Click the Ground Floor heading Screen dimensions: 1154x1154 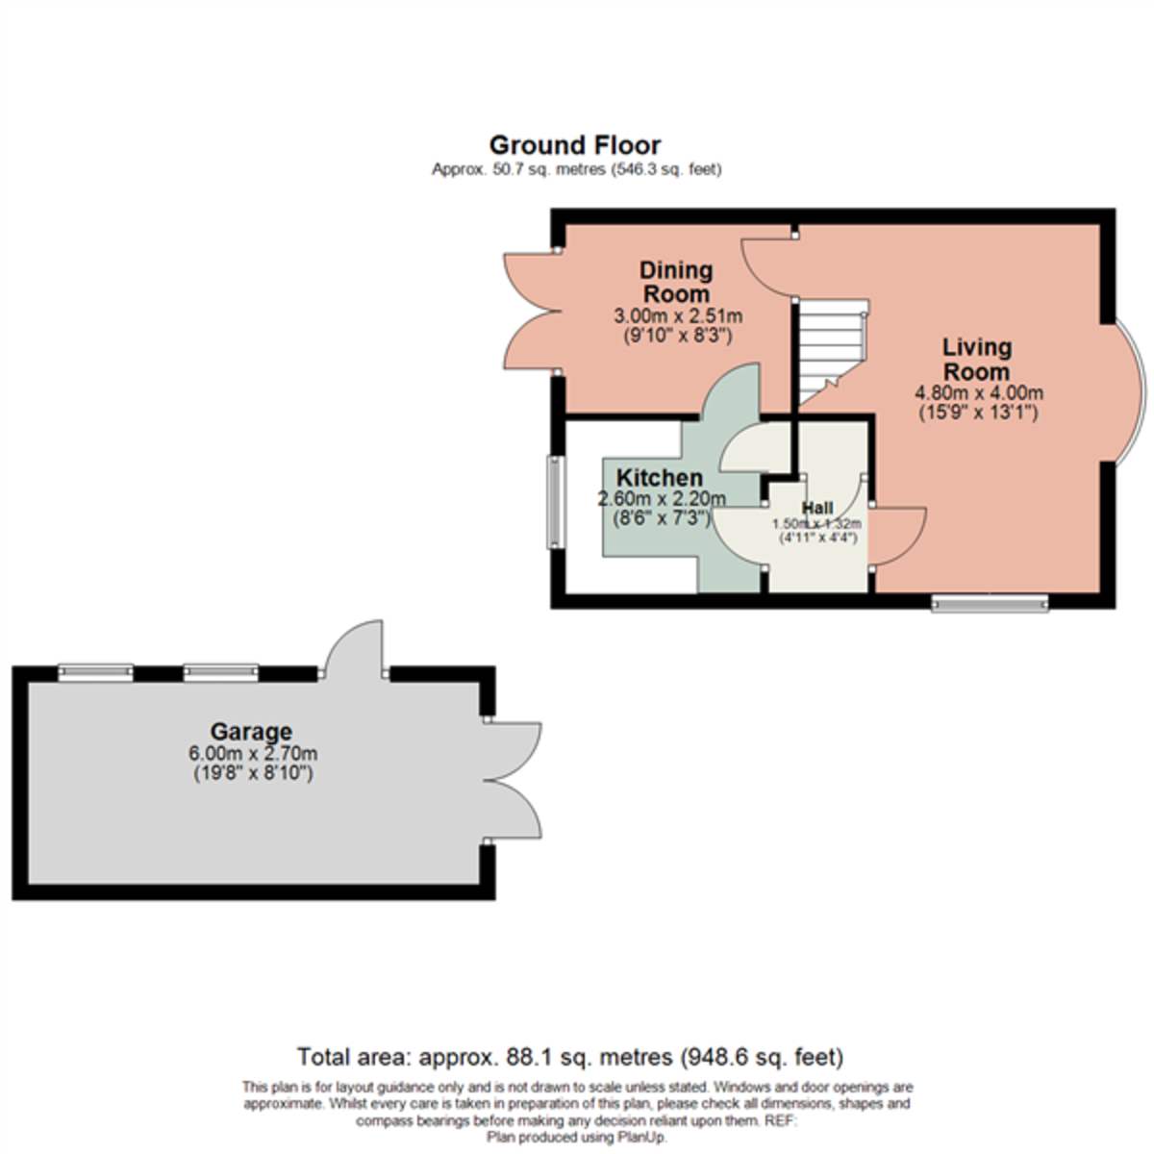[575, 145]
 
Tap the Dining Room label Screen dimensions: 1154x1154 [676, 282]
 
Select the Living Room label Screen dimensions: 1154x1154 [976, 359]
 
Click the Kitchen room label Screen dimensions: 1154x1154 [659, 478]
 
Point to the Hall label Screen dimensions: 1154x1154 [817, 508]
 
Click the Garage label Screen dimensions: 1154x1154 [253, 732]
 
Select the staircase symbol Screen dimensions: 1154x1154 [833, 350]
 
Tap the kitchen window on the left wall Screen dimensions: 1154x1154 [556, 502]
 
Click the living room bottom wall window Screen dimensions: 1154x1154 [990, 603]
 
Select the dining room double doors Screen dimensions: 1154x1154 [531, 311]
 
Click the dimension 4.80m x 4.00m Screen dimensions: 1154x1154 [978, 393]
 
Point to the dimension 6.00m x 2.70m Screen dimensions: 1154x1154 [253, 754]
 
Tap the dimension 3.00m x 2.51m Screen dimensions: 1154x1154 [677, 316]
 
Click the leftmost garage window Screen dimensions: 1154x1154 [95, 672]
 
